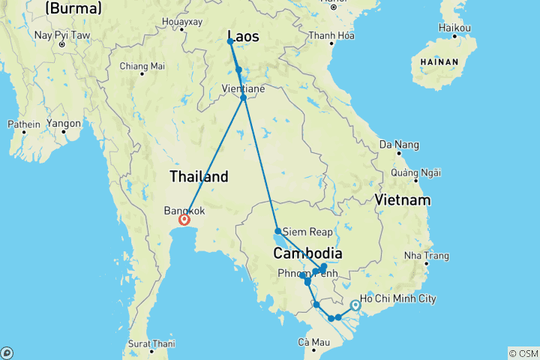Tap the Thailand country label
199,177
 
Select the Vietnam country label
403,200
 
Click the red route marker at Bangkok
183,220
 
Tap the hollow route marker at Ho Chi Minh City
355,305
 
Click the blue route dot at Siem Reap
277,231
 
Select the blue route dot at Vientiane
244,98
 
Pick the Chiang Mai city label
142,66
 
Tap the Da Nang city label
397,144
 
